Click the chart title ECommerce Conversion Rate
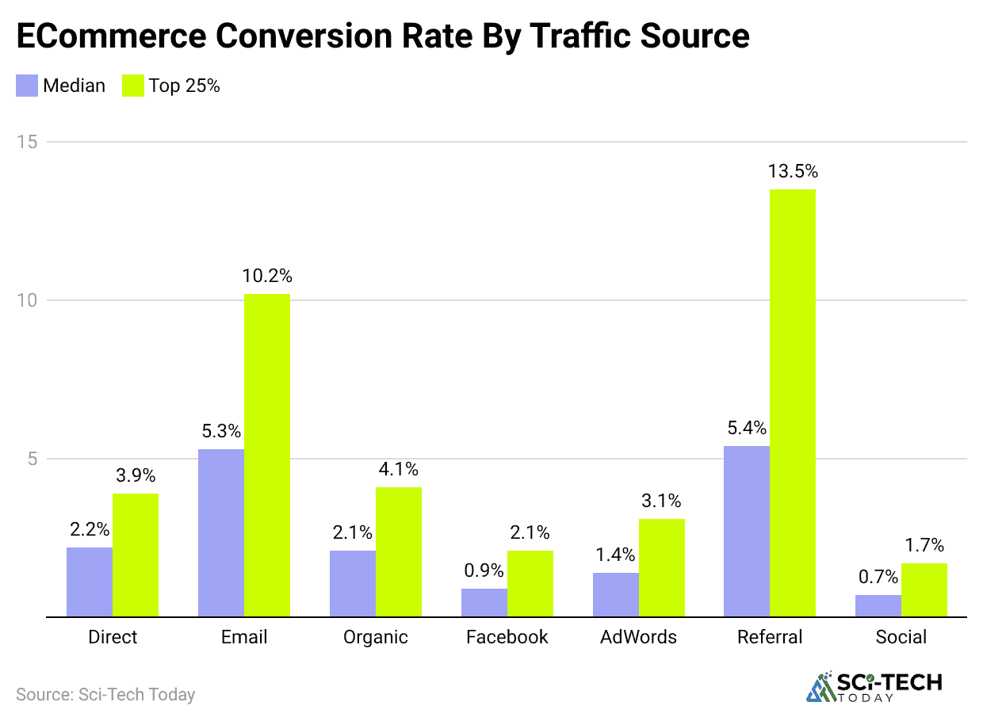point(382,36)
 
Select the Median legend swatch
point(27,86)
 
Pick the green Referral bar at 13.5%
point(793,402)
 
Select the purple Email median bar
point(221,532)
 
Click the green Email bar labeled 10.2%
point(267,455)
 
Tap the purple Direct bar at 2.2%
point(90,582)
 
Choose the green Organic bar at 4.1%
point(399,551)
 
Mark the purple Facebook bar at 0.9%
point(484,602)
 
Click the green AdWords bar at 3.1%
point(662,567)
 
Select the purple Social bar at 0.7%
point(878,605)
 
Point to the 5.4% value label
point(747,428)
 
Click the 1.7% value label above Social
point(924,545)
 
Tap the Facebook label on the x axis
point(507,637)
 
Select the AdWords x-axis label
point(639,637)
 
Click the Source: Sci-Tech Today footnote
point(105,695)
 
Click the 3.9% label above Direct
point(136,475)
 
